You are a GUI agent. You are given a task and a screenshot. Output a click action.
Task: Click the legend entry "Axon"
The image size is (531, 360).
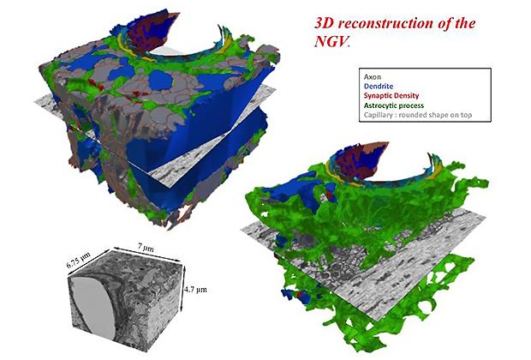tap(373, 77)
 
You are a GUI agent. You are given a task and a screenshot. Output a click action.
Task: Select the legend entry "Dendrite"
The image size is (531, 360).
tap(379, 87)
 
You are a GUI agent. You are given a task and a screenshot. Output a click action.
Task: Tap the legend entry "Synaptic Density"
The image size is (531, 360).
tap(391, 96)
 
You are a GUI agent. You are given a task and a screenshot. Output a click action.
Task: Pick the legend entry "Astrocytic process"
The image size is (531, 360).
tap(393, 105)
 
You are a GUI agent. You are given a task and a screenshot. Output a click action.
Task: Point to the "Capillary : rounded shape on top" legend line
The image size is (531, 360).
tap(418, 115)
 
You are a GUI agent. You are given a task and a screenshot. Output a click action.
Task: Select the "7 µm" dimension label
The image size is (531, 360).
tap(146, 249)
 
